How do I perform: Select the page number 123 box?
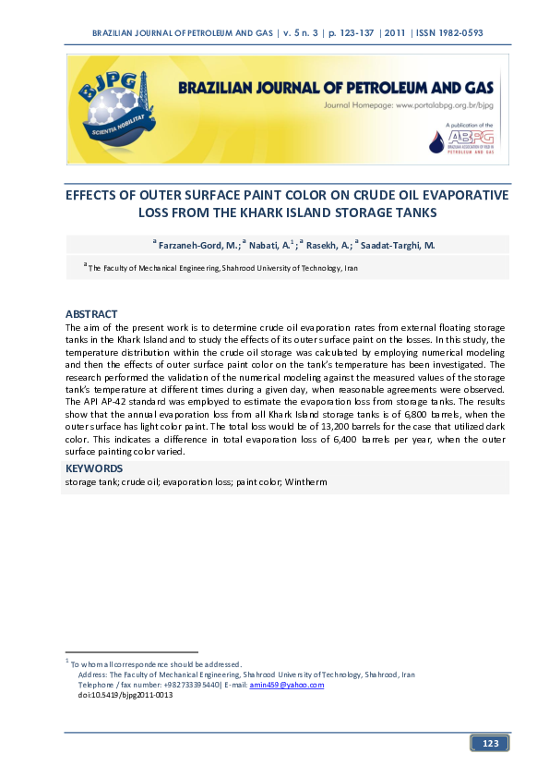click(x=490, y=744)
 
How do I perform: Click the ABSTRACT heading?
click(x=91, y=315)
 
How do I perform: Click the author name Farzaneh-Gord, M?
click(x=198, y=245)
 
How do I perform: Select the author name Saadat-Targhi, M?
click(x=398, y=245)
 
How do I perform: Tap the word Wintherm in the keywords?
click(x=308, y=482)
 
